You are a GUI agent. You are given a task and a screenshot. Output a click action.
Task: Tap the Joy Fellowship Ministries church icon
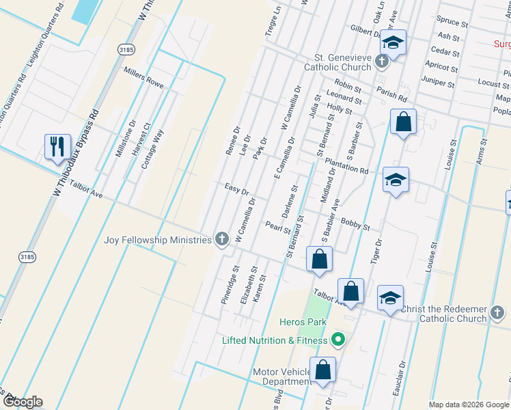click(x=221, y=239)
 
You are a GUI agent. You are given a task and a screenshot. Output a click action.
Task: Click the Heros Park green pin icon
click(x=337, y=339)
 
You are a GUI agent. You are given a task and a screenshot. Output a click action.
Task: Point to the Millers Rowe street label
click(x=143, y=77)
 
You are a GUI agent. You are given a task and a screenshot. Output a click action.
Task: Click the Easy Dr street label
click(x=236, y=189)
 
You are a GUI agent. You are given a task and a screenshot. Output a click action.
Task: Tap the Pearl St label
click(x=278, y=227)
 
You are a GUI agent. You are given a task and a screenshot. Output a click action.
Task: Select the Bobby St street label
click(x=355, y=223)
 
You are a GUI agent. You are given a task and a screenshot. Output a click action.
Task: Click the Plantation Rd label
click(x=346, y=166)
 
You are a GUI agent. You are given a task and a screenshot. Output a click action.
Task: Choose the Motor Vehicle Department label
click(x=281, y=377)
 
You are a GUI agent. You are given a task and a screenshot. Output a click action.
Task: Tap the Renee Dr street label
click(x=232, y=139)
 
